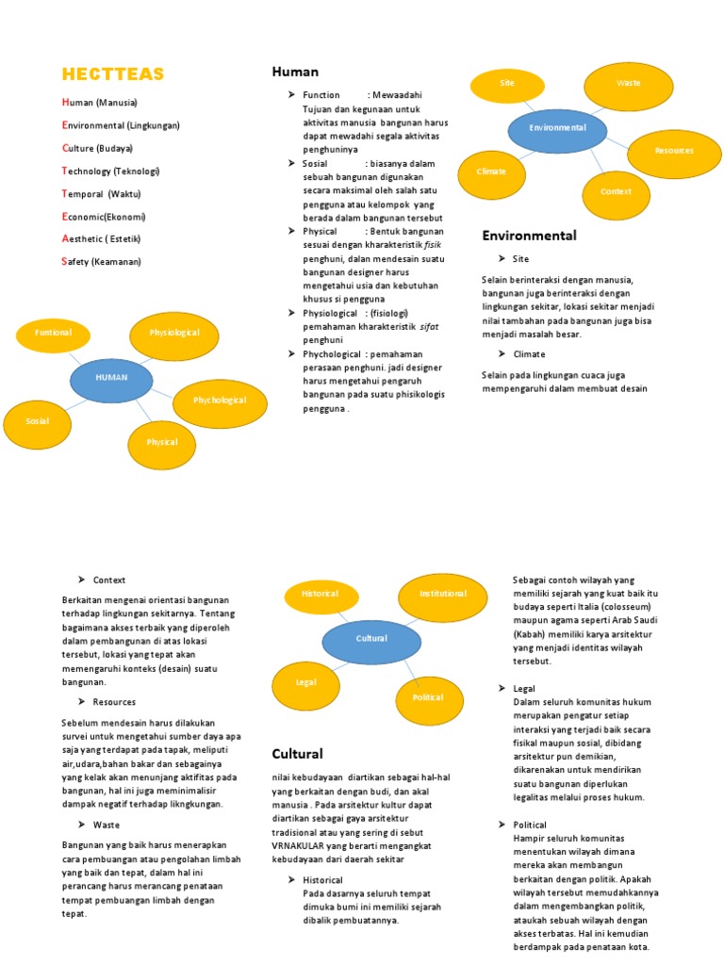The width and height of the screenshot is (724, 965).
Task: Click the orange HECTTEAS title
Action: click(x=112, y=74)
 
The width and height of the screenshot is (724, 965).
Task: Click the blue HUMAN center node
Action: click(x=111, y=377)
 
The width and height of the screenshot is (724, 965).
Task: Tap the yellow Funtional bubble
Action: click(x=53, y=334)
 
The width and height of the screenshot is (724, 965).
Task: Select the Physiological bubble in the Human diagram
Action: click(x=174, y=334)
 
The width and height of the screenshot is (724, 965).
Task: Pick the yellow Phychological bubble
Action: click(x=220, y=401)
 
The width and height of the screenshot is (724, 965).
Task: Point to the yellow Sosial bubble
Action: click(x=38, y=421)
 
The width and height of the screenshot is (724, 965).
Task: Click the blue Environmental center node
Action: click(x=557, y=128)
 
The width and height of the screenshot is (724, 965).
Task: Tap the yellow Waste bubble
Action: click(x=628, y=84)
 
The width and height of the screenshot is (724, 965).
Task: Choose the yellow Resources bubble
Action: click(x=673, y=151)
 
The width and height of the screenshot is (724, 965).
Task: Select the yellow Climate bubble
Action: click(x=492, y=172)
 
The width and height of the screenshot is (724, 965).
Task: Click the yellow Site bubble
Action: click(x=507, y=84)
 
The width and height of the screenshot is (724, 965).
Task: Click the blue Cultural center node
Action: click(x=371, y=639)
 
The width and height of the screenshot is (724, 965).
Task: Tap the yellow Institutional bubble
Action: click(x=442, y=595)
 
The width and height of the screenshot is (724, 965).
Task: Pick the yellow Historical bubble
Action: click(x=321, y=595)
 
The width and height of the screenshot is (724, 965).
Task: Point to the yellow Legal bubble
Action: click(x=305, y=682)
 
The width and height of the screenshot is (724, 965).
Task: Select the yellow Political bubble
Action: click(x=427, y=697)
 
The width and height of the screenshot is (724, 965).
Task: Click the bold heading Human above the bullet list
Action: click(x=295, y=72)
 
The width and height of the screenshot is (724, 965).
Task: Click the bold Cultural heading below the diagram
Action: click(x=297, y=754)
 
